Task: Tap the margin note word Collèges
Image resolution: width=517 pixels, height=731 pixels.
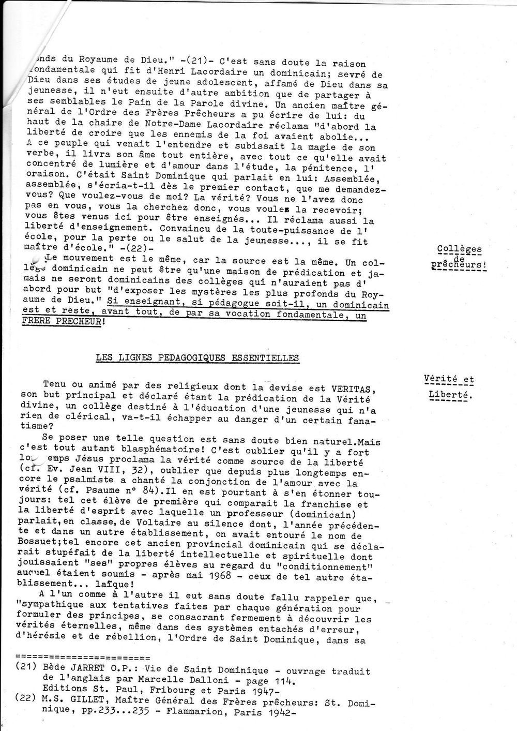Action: click(459, 249)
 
